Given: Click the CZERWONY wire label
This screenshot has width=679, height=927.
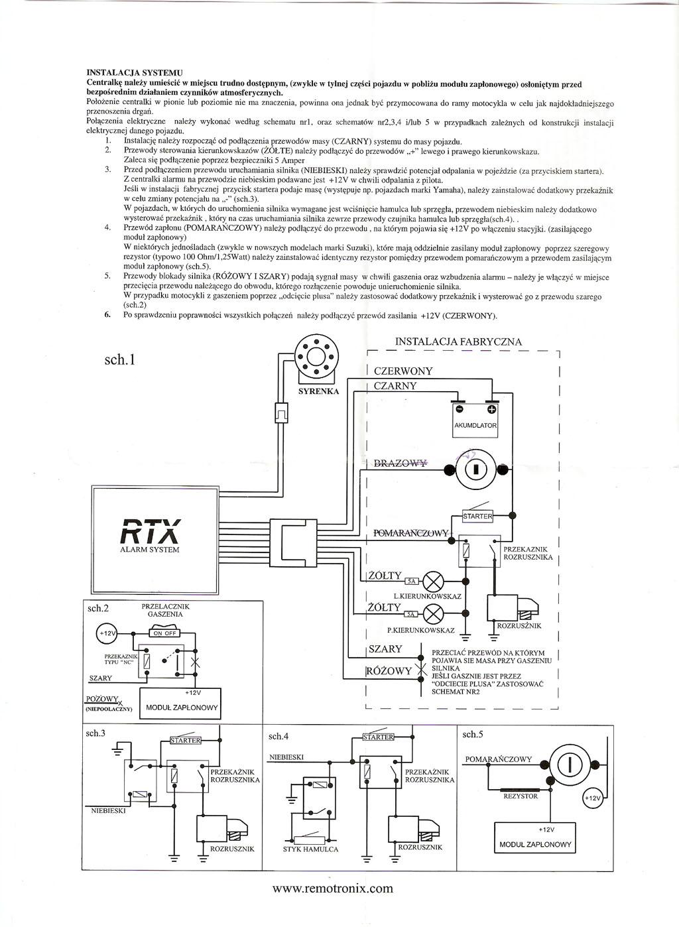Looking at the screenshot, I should [403, 371].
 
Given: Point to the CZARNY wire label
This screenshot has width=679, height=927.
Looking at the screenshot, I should [395, 386].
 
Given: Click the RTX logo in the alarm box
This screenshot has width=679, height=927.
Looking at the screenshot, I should [150, 530].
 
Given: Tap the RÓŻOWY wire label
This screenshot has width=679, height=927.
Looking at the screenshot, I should [389, 671].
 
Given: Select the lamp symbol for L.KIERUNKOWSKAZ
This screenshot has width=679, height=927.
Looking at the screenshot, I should [433, 582].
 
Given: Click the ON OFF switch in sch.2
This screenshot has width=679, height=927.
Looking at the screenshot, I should [164, 633].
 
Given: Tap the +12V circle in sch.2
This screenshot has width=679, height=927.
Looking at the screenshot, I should [106, 633].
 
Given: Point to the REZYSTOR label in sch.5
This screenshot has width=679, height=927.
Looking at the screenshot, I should [521, 796].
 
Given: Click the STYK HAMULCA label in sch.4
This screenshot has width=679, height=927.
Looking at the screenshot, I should [310, 849].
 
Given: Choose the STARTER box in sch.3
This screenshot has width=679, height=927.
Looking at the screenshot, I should [185, 740].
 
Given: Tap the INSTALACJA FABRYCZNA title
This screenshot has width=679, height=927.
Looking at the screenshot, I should [458, 341].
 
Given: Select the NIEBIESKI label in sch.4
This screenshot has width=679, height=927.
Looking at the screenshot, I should [286, 757].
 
